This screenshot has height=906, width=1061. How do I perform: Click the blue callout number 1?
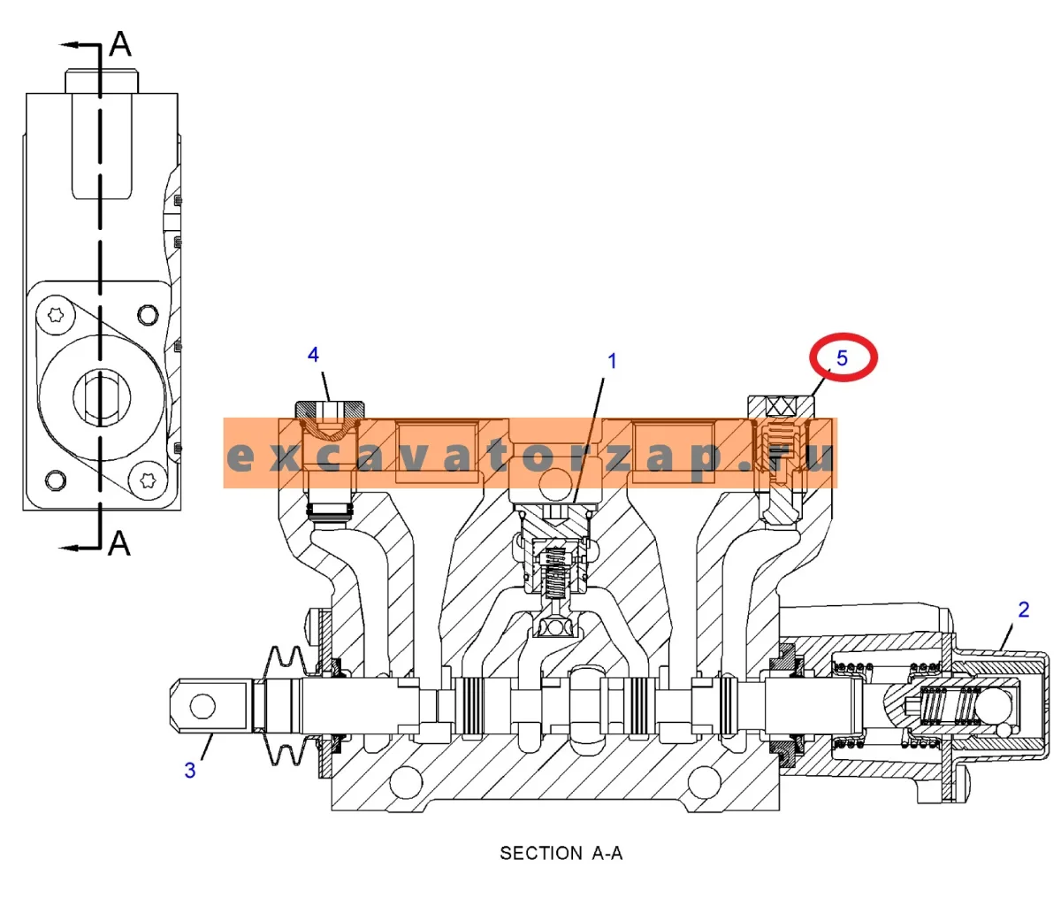[x=612, y=361]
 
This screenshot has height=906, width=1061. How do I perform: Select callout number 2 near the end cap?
[x=1024, y=610]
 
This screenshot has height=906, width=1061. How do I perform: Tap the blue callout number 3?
[x=190, y=771]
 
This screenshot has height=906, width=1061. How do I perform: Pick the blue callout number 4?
[x=313, y=355]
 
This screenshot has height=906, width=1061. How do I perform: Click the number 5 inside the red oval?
[x=842, y=358]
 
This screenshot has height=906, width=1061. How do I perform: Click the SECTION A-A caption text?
[x=561, y=853]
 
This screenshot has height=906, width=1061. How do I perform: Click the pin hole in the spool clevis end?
[x=202, y=706]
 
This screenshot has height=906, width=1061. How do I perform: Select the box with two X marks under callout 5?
[x=782, y=408]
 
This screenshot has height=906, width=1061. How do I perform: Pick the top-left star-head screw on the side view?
[x=56, y=314]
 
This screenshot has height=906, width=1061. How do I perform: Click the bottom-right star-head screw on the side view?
[x=148, y=480]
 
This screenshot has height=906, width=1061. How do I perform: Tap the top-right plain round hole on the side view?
[x=148, y=315]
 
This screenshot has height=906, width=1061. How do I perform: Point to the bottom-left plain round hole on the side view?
[x=56, y=480]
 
